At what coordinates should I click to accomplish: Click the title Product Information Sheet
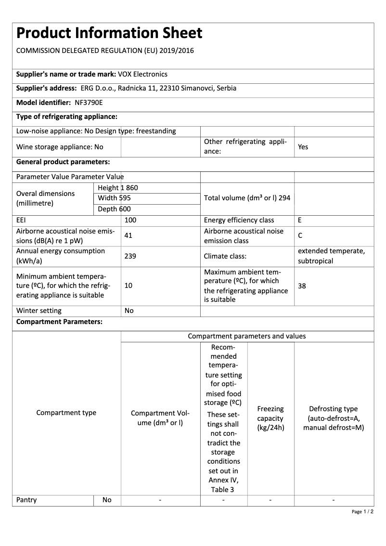(109, 33)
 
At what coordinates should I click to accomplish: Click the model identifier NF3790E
(89, 103)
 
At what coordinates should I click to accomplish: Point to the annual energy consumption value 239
(130, 256)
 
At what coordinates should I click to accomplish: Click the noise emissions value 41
(128, 235)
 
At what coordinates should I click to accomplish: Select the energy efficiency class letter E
(300, 220)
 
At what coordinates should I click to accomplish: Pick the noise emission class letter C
(300, 236)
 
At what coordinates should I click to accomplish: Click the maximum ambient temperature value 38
(302, 286)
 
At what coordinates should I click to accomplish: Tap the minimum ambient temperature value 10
(128, 286)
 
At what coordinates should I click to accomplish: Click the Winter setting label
(39, 311)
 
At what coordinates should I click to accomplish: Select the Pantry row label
(26, 500)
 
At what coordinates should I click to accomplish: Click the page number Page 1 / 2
(362, 511)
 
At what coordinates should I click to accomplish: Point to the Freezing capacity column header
(270, 418)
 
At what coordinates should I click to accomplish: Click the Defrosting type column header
(334, 418)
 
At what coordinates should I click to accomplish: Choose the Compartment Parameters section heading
(59, 322)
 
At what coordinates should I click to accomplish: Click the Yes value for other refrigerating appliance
(303, 147)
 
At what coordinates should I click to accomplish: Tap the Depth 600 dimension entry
(114, 209)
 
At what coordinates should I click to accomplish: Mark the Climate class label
(224, 256)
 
